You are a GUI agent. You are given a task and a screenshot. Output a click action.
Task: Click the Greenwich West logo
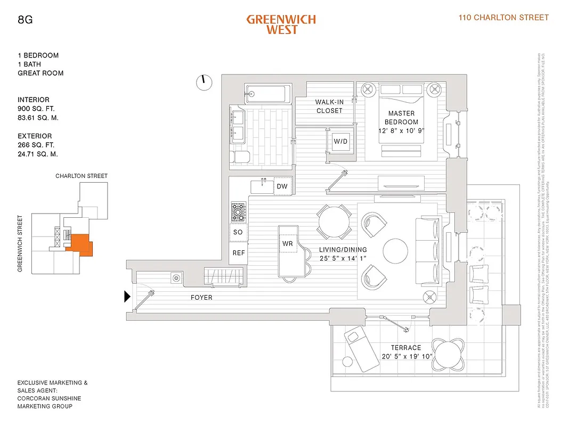(x=281, y=24)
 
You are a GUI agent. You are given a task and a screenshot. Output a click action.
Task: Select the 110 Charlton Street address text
(x=503, y=18)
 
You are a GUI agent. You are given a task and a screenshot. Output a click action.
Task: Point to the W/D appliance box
(x=340, y=141)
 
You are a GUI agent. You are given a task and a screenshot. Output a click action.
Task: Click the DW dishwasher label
(x=282, y=186)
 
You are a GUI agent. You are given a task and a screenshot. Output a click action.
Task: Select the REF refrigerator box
(x=239, y=253)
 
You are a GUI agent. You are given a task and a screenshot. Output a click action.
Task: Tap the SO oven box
(x=238, y=232)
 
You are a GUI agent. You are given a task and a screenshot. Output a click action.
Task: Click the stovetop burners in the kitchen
(x=238, y=212)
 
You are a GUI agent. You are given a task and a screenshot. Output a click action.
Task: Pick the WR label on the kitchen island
(x=288, y=243)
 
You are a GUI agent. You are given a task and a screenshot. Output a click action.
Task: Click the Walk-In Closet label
(x=329, y=106)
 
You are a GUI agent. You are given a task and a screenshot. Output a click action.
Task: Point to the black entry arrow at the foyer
(x=127, y=297)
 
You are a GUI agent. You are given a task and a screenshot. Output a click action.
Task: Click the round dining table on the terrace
(x=446, y=353)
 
